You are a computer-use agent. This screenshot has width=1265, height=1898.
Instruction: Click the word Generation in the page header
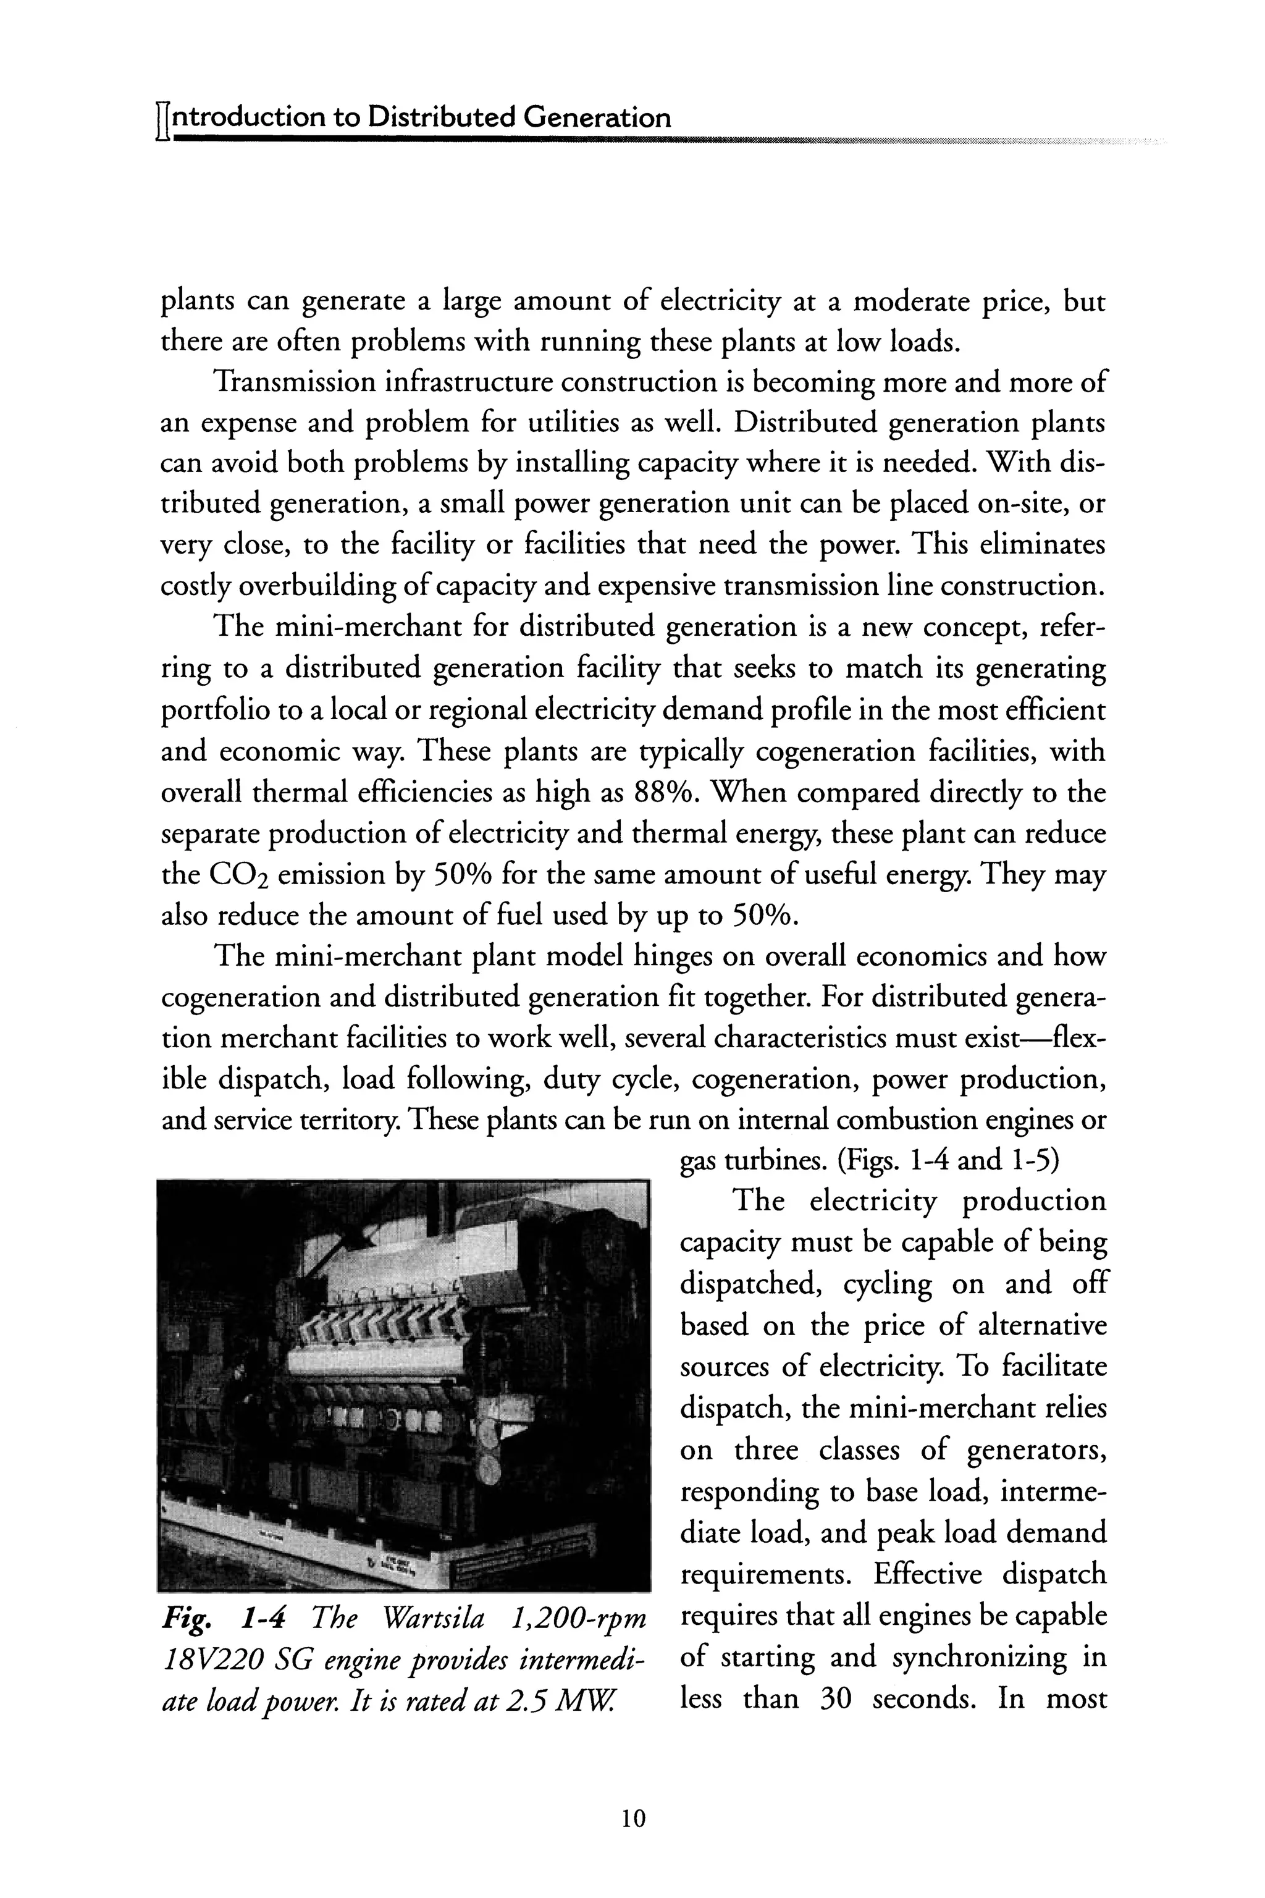pyautogui.click(x=596, y=119)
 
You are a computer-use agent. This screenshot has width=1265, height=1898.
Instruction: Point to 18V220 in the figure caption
pyautogui.click(x=211, y=1659)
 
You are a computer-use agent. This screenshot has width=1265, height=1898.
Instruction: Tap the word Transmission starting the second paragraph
pyautogui.click(x=293, y=382)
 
